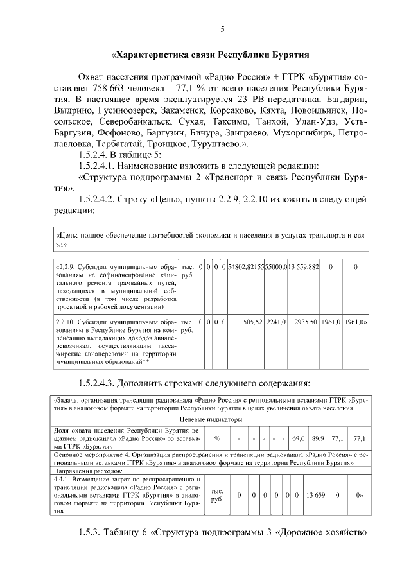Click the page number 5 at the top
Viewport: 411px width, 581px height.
(x=222, y=30)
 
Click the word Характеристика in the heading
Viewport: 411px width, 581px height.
(x=153, y=55)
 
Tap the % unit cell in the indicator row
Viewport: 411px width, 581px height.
(x=217, y=438)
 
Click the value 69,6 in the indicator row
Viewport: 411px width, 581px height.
(x=299, y=438)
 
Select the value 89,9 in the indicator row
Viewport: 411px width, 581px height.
(x=318, y=438)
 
